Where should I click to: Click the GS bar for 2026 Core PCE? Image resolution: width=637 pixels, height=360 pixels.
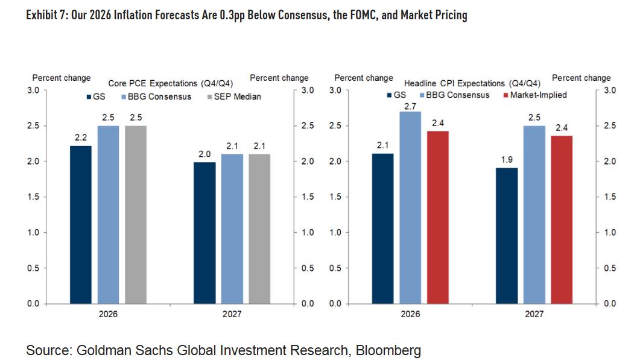click(81, 224)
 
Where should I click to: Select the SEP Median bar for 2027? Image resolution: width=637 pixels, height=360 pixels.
click(260, 229)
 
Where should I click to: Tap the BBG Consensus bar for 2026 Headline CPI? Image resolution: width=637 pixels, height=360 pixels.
click(410, 207)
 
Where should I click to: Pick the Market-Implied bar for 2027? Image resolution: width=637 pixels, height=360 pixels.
click(561, 219)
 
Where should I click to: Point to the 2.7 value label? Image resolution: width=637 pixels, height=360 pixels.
click(410, 106)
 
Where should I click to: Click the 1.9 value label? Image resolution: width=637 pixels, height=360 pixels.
click(506, 161)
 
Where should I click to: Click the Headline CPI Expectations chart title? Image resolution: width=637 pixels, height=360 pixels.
click(472, 83)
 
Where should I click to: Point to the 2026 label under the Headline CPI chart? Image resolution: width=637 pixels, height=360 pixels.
click(410, 314)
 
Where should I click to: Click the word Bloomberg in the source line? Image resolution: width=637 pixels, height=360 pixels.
click(388, 350)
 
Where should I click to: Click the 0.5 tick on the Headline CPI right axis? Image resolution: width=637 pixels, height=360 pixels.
click(609, 268)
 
